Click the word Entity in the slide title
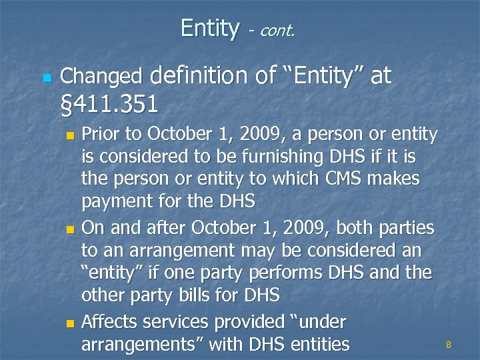(209, 28)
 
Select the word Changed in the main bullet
(101, 77)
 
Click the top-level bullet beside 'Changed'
(45, 78)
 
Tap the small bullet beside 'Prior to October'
(72, 136)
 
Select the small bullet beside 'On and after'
(72, 230)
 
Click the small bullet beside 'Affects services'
(72, 324)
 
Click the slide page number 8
(449, 345)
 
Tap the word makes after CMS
(396, 179)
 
